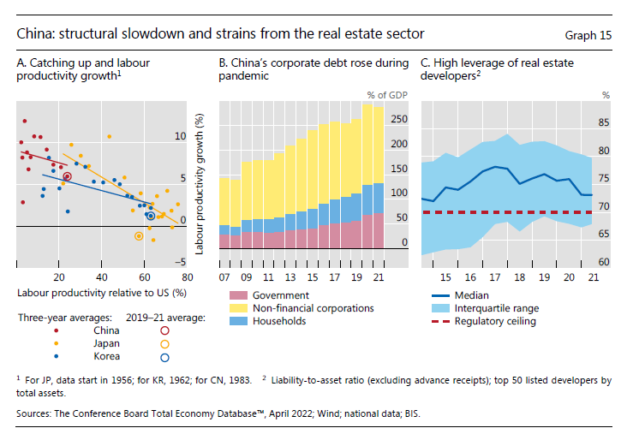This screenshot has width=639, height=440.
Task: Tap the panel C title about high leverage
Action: pos(499,69)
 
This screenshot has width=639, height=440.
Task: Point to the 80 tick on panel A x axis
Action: pos(188,277)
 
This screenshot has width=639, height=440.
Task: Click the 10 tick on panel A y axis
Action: pos(180,136)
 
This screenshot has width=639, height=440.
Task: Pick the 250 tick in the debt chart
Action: pos(397,120)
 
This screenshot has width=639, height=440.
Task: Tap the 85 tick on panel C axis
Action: pos(604,122)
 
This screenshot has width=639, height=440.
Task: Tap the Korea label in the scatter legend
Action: pos(106,356)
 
